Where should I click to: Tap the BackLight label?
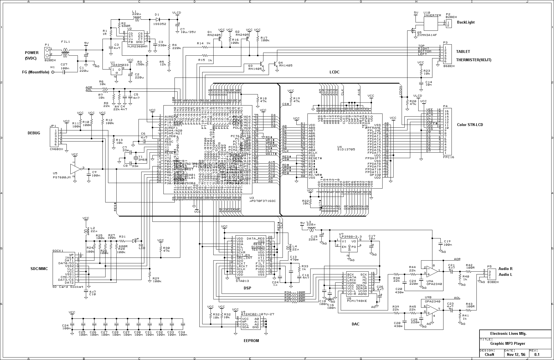(x=466, y=22)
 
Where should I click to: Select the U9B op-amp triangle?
(x=432, y=310)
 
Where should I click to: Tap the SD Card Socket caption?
(x=68, y=287)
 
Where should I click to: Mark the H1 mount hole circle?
(x=53, y=72)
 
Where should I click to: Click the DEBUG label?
(x=34, y=133)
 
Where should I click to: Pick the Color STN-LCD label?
(x=470, y=125)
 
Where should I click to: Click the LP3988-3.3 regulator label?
(x=350, y=237)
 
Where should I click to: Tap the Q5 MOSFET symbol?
(x=412, y=31)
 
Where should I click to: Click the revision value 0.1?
(x=537, y=354)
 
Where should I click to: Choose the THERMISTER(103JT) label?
(x=474, y=60)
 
